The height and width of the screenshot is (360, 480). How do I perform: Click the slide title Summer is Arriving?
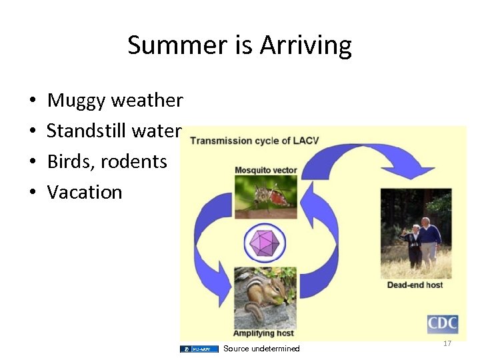pos(239,45)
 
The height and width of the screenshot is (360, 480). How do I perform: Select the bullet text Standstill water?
pos(113,131)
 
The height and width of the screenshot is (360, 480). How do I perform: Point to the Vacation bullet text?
pos(85,192)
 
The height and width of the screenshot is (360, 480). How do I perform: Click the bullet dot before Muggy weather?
pos(32,101)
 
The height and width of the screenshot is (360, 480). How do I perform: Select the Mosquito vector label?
pos(265,170)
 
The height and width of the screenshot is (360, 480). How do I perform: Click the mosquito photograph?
pos(265,196)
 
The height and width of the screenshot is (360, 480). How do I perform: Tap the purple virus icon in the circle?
pos(265,243)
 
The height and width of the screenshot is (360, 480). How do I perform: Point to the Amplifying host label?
pos(264,333)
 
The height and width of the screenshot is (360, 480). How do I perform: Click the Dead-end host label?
pos(415,285)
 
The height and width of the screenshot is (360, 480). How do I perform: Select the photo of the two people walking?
pos(415,233)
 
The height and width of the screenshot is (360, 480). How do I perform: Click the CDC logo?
pos(442,324)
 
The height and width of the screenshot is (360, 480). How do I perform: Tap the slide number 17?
pos(447,343)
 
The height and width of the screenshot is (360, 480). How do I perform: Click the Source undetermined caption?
pos(261,349)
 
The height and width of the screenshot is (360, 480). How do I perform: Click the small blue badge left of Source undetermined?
pos(199,349)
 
